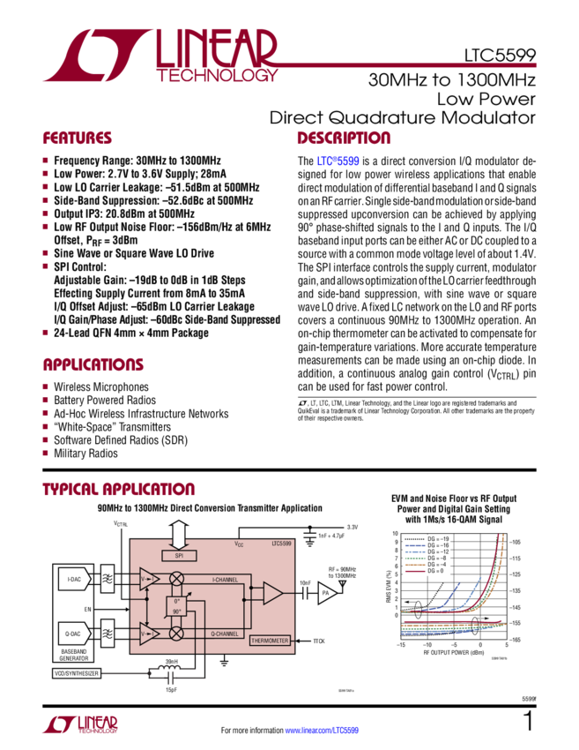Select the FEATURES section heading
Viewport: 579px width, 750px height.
(x=78, y=139)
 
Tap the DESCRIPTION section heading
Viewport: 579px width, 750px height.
(x=343, y=139)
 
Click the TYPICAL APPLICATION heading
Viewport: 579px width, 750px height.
(x=119, y=491)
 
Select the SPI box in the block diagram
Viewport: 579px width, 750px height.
(x=180, y=555)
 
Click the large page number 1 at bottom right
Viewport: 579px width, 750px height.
(x=529, y=723)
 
